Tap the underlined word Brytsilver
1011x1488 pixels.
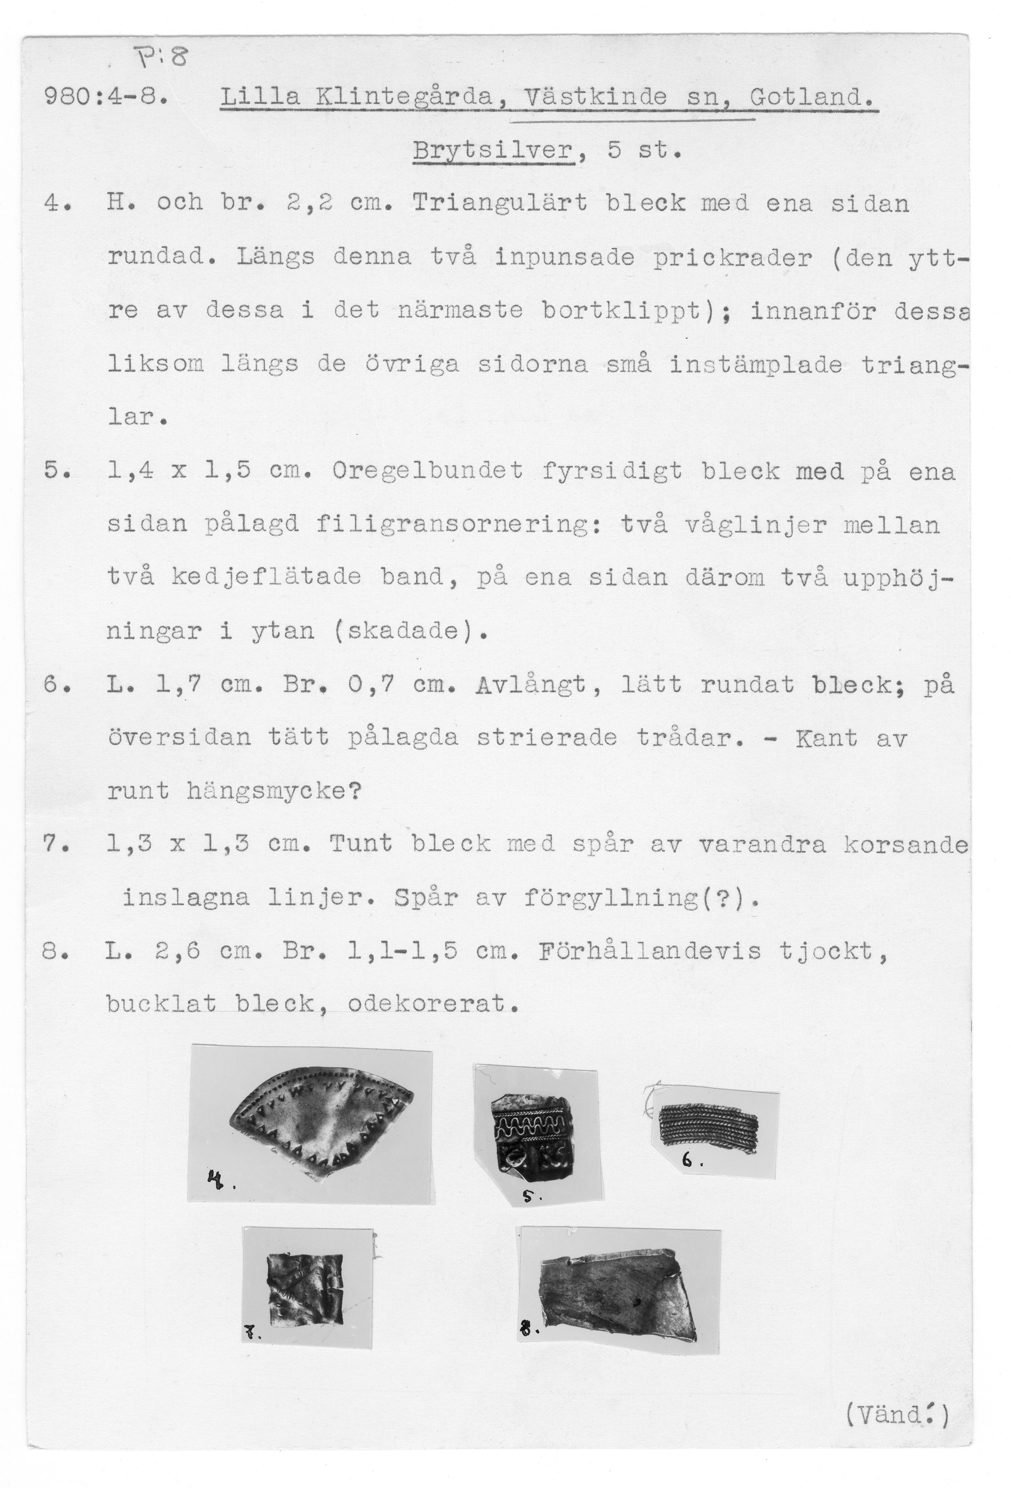(494, 151)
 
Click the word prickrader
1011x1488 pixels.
(733, 258)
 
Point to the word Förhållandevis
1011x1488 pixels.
(650, 952)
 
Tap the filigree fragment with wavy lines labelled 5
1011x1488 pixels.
(529, 1132)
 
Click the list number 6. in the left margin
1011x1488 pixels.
(54, 685)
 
